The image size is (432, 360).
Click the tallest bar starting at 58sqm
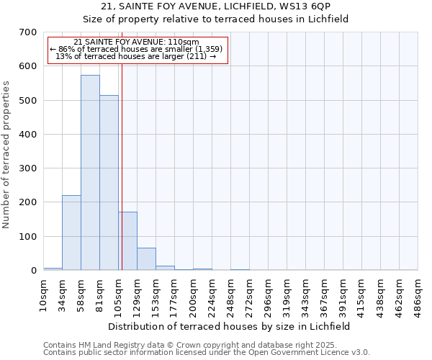point(90,173)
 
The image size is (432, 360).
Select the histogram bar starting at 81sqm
point(109,183)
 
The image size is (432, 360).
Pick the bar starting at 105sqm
point(127,240)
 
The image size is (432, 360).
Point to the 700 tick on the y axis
point(28,32)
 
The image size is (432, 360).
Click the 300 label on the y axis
point(28,168)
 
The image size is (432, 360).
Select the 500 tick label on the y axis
point(28,100)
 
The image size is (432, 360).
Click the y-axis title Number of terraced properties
point(7,155)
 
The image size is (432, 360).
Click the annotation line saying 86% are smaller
point(136,49)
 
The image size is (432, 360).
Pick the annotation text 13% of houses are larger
point(136,56)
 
